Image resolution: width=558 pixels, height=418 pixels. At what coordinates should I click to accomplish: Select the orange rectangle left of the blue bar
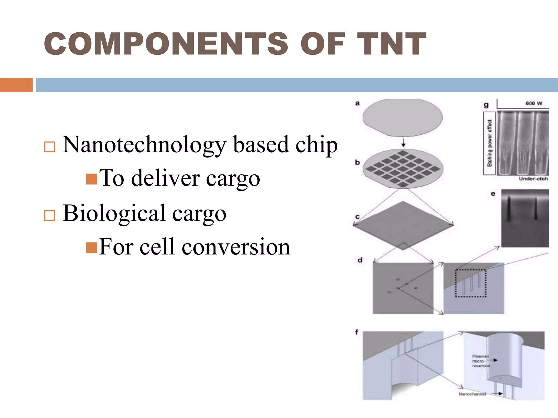tap(16, 85)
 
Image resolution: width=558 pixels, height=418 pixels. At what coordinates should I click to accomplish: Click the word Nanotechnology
tap(144, 145)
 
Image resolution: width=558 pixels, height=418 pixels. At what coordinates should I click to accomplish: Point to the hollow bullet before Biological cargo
tap(50, 215)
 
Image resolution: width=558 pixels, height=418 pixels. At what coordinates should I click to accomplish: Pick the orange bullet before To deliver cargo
tap(92, 179)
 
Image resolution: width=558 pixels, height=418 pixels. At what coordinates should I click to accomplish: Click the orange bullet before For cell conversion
tap(92, 248)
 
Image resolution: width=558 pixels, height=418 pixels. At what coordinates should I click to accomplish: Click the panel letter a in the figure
tap(357, 103)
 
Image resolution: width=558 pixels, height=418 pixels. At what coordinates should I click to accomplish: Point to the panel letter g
tap(486, 105)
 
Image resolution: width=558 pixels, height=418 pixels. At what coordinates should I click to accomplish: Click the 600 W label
tap(534, 103)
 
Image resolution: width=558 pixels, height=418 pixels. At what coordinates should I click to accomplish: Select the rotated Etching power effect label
tap(489, 143)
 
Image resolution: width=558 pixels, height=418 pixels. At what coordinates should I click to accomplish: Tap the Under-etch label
tap(533, 179)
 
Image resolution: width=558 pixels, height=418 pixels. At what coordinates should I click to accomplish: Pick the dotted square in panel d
tap(471, 283)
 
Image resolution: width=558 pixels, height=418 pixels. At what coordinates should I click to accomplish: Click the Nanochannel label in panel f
tap(472, 394)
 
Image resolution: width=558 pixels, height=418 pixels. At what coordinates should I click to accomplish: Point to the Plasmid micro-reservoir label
tap(481, 361)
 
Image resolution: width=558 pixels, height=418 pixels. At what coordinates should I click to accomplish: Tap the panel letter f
tap(357, 332)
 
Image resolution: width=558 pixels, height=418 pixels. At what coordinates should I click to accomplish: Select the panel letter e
tap(493, 194)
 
